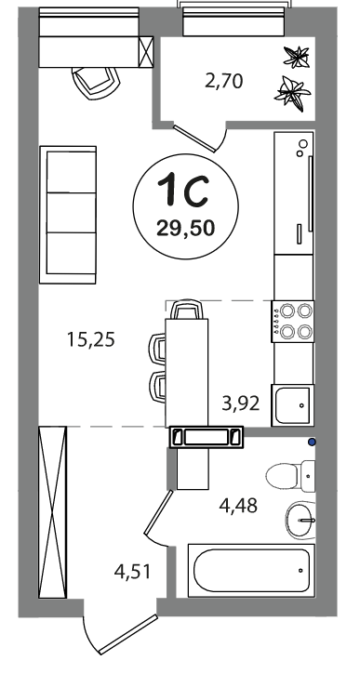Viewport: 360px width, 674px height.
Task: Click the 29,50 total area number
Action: [185, 228]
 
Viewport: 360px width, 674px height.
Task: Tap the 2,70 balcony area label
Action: [224, 81]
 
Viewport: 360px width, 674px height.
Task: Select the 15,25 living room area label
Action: [91, 339]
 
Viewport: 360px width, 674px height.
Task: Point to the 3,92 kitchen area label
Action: [241, 403]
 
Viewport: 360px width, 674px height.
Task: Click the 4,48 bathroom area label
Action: [238, 506]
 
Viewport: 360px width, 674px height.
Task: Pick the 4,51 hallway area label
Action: [133, 571]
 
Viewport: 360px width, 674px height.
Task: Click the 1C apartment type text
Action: [183, 189]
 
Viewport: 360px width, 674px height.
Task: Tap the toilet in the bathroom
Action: [291, 476]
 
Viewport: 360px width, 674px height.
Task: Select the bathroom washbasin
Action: [300, 520]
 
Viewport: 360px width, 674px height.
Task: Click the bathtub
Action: [251, 571]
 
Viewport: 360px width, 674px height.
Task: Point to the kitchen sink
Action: [292, 405]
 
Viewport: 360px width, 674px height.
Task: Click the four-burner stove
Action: [292, 321]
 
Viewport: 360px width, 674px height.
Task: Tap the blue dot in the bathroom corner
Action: [312, 442]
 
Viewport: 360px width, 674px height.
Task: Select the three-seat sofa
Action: [68, 215]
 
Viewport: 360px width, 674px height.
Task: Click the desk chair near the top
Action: [96, 83]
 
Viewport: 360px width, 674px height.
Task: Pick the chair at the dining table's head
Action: [187, 309]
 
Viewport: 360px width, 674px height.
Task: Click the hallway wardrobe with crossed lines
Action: [52, 512]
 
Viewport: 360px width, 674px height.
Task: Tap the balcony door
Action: [194, 138]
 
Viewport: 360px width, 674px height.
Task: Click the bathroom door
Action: [158, 512]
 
